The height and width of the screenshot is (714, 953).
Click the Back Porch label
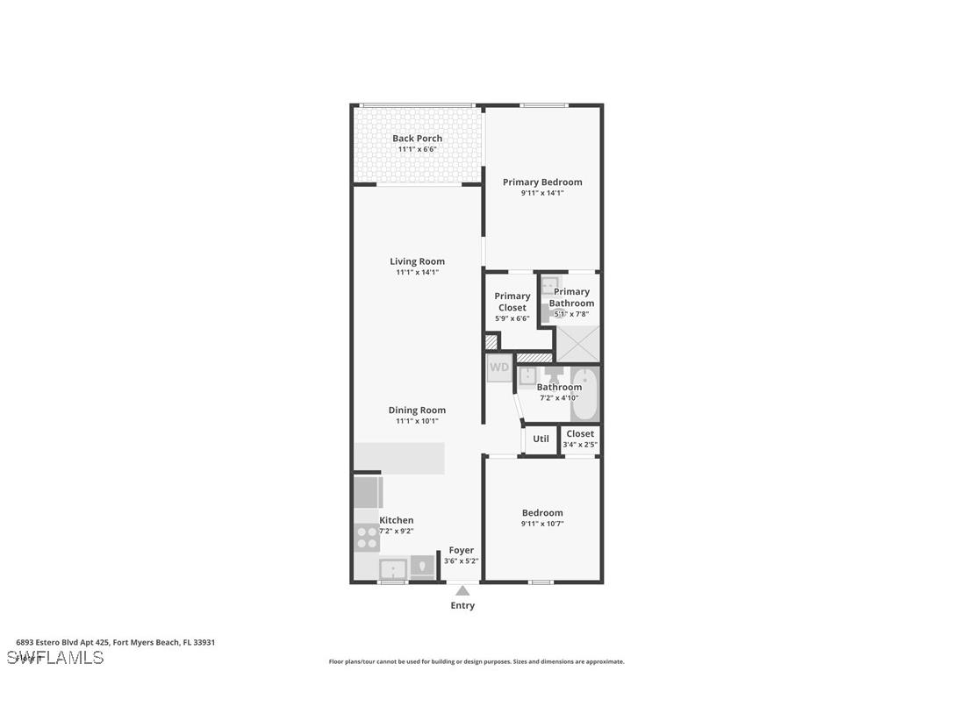[x=417, y=139]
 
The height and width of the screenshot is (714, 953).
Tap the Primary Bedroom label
[x=542, y=182]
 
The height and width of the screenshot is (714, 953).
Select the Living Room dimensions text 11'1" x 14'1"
[x=417, y=273]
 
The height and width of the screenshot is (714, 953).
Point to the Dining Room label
[x=417, y=410]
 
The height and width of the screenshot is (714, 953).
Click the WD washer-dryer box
[x=498, y=368]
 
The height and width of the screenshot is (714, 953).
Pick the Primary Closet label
[x=512, y=302]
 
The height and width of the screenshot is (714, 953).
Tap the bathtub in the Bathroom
[x=585, y=394]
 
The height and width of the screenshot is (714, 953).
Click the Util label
[x=541, y=439]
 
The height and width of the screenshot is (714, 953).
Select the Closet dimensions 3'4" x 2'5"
[x=580, y=445]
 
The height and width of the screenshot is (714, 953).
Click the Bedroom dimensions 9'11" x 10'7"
[x=542, y=525]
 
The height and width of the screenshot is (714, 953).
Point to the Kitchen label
[x=397, y=520]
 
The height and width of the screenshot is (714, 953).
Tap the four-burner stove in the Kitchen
[x=367, y=538]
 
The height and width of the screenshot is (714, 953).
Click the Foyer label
[x=462, y=550]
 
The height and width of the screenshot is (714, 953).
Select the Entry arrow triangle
[x=462, y=591]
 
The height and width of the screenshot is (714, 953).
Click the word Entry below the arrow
[x=462, y=606]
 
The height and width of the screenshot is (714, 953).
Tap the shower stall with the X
[x=578, y=343]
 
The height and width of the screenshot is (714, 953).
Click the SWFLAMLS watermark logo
[x=55, y=658]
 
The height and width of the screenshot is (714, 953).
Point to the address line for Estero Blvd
[x=116, y=642]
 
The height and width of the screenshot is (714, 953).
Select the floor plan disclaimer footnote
[x=476, y=661]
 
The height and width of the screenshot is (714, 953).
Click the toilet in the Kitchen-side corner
[x=423, y=567]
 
